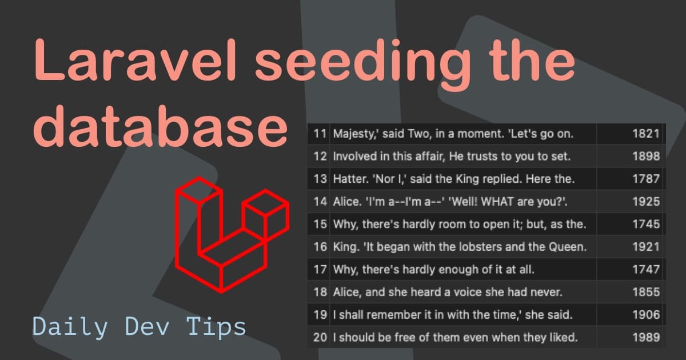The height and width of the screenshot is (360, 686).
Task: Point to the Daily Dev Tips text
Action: point(139,327)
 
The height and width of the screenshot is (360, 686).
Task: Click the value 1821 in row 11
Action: point(646,134)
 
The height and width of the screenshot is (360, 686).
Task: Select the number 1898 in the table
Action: point(646,157)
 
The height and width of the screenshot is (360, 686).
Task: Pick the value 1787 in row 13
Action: point(646,179)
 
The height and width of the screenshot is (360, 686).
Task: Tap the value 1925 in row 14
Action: point(646,202)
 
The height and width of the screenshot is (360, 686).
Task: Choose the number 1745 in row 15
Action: point(646,225)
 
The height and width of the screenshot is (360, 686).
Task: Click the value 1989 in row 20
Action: point(646,338)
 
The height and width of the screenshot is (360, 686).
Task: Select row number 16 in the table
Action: point(320,247)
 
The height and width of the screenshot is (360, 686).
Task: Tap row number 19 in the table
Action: point(320,315)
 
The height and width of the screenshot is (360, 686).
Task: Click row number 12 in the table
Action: point(320,157)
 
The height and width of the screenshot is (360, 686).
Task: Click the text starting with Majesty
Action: point(453,134)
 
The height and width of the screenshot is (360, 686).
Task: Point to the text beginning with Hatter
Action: point(453,179)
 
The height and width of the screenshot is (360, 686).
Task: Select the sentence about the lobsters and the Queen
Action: point(460,247)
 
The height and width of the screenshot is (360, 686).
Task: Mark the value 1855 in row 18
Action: point(646,293)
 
